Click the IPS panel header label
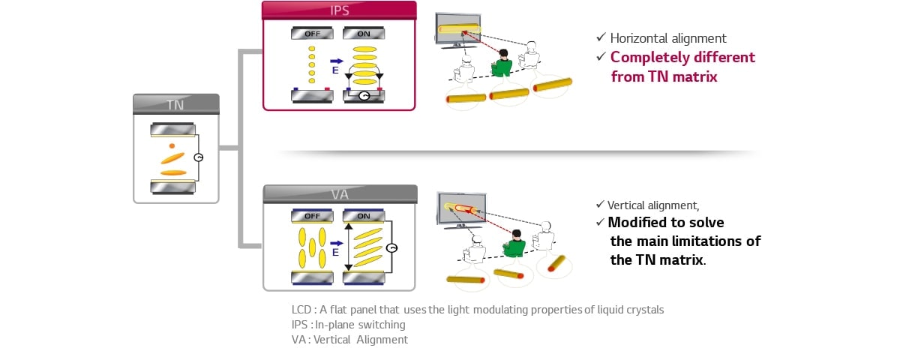339,10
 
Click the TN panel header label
175,105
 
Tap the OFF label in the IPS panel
312,34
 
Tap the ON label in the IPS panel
364,34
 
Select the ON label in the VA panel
364,216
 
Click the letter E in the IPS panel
335,70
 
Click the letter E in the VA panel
336,253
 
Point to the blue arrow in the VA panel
336,243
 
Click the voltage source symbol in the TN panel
198,157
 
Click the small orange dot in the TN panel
172,145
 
